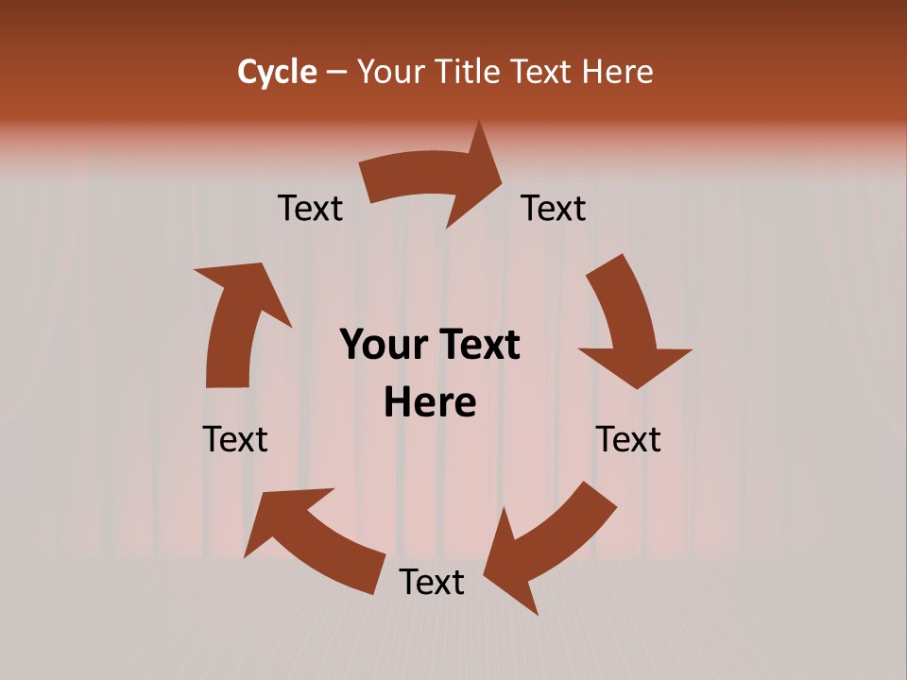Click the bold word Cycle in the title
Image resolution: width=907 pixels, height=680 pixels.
[x=277, y=72]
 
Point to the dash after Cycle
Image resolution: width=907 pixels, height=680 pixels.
[x=336, y=73]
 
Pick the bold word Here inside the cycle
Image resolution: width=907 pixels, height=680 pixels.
[x=430, y=402]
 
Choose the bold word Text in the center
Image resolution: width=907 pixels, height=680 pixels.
[x=476, y=345]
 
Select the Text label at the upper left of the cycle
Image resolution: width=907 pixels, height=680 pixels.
[x=310, y=208]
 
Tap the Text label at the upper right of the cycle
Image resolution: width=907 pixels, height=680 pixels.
[x=554, y=208]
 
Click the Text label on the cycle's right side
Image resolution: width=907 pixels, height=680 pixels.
[x=628, y=439]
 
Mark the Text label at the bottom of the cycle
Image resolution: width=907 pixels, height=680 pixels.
[x=432, y=582]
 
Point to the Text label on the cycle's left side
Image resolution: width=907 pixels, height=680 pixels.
[x=235, y=439]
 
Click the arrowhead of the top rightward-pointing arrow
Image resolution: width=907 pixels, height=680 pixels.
[x=477, y=176]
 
